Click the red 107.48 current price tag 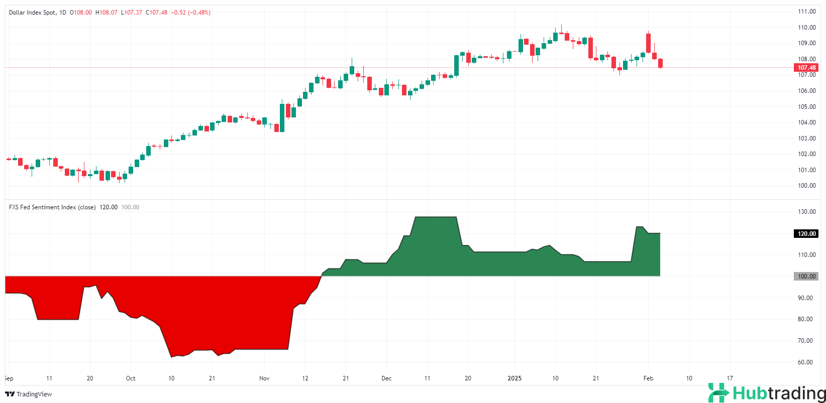[806, 68]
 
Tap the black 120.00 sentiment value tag [806, 233]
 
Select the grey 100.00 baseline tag [806, 277]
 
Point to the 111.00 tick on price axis [806, 12]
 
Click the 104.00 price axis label [806, 122]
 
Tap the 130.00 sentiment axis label [806, 212]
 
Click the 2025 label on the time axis [514, 378]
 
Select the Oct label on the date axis [131, 378]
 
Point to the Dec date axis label [386, 378]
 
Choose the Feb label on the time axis [648, 378]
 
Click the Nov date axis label [264, 378]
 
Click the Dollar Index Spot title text [33, 13]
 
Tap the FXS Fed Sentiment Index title [52, 207]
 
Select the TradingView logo [29, 394]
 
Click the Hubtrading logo [767, 393]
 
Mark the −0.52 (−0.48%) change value [191, 13]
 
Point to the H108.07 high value [107, 13]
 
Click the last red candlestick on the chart [660, 63]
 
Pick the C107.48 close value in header [157, 13]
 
